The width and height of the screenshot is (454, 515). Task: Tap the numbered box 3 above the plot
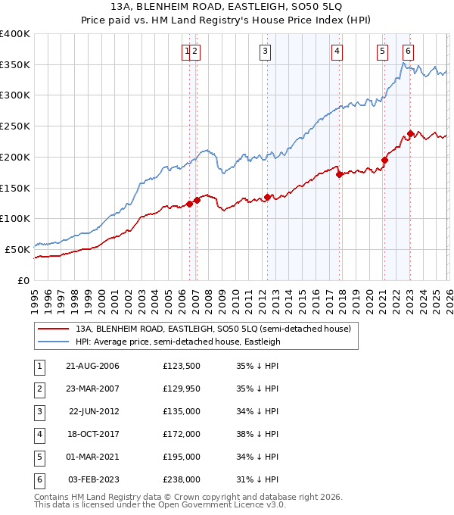pyautogui.click(x=266, y=51)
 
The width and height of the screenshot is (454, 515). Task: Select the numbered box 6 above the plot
pyautogui.click(x=408, y=51)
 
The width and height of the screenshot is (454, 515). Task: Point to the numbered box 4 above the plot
pyautogui.click(x=337, y=51)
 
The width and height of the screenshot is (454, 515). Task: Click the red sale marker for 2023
pyautogui.click(x=410, y=134)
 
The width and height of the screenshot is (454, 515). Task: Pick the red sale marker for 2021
pyautogui.click(x=384, y=160)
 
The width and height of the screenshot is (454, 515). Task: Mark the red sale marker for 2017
pyautogui.click(x=339, y=174)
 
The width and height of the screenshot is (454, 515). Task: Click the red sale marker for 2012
pyautogui.click(x=267, y=198)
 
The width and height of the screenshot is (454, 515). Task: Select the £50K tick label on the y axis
pyautogui.click(x=17, y=249)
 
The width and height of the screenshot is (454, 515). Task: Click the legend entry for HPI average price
pyautogui.click(x=178, y=342)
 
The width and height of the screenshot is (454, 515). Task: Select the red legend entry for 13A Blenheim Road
pyautogui.click(x=213, y=329)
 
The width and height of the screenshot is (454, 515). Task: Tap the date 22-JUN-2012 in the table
pyautogui.click(x=93, y=412)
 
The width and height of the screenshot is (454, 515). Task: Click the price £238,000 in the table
pyautogui.click(x=182, y=479)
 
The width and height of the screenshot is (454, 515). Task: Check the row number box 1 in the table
pyautogui.click(x=37, y=367)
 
